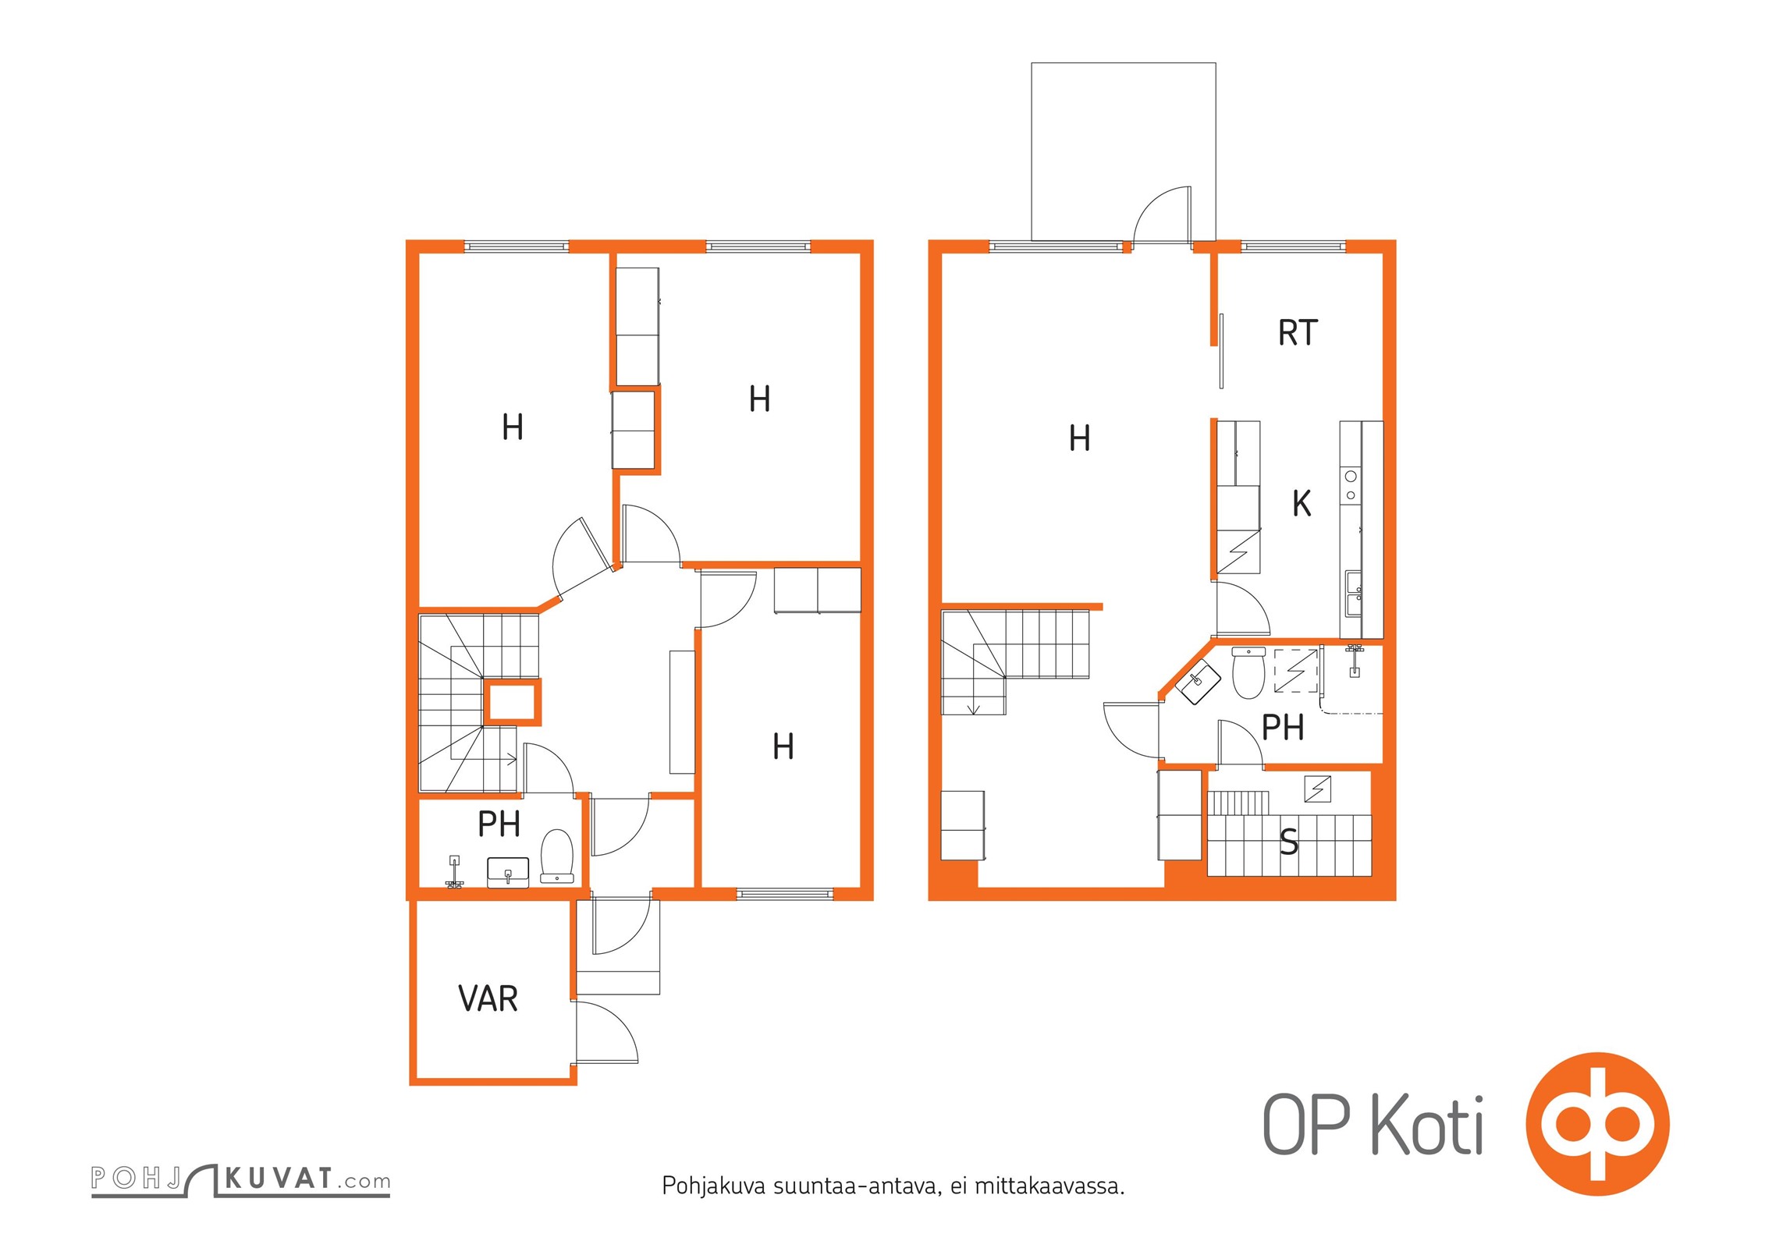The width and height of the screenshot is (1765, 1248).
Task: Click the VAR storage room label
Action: click(488, 998)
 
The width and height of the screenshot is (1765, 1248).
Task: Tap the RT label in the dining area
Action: click(1298, 333)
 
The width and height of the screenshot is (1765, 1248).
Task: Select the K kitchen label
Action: click(1302, 503)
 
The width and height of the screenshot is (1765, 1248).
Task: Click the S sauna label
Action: click(1289, 842)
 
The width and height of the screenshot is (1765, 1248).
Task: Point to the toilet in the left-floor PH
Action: click(557, 856)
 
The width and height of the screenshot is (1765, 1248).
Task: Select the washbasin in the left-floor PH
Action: click(508, 872)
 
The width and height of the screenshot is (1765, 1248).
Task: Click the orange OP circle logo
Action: click(1597, 1124)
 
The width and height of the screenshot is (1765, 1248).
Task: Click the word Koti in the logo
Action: click(1427, 1125)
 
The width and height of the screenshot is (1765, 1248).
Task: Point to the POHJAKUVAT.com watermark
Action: click(240, 1179)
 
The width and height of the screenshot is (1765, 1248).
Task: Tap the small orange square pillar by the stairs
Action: click(511, 701)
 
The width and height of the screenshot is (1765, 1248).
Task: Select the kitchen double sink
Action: click(1354, 594)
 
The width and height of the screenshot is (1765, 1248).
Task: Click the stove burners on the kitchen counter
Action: click(1351, 485)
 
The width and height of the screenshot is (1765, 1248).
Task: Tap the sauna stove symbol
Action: click(1318, 789)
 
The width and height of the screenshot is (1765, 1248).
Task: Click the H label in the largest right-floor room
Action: click(1080, 438)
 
